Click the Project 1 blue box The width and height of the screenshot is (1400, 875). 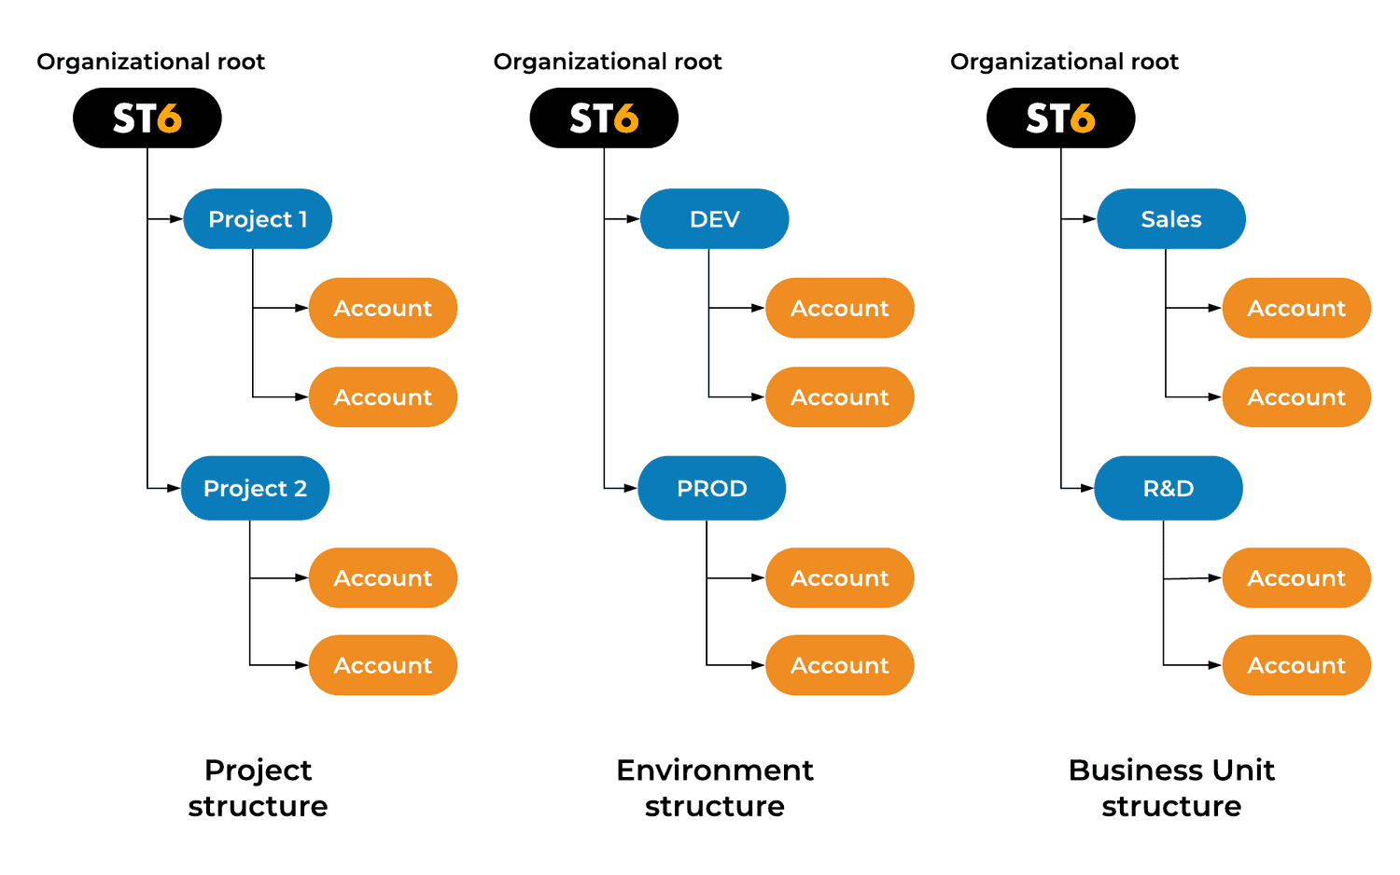coord(258,219)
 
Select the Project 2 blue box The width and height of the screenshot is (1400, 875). coord(255,488)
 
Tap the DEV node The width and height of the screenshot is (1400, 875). coord(714,219)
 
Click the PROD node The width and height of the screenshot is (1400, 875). coord(711,488)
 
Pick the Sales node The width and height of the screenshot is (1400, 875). coord(1170,219)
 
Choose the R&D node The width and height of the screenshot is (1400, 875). coord(1168,488)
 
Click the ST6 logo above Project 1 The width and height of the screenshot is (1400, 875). coord(147,118)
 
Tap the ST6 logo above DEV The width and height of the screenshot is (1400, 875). coord(604,118)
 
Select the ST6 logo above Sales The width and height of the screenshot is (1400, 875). coord(1060,118)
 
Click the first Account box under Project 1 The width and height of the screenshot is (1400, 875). coord(383,308)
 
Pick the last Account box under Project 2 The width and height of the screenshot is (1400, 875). coord(383,665)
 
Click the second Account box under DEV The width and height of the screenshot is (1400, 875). coord(839,397)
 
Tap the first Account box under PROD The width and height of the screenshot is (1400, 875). coord(839,578)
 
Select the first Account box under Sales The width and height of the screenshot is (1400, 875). coord(1295,308)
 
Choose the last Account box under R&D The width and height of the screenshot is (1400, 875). coord(1295,665)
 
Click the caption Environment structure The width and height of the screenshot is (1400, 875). coord(714,787)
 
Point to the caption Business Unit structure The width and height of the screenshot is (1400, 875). coord(1170,787)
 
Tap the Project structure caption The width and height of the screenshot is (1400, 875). coord(258,787)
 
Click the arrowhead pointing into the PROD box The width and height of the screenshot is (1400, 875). coord(632,488)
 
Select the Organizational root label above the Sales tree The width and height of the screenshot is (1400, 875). coord(1064,62)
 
